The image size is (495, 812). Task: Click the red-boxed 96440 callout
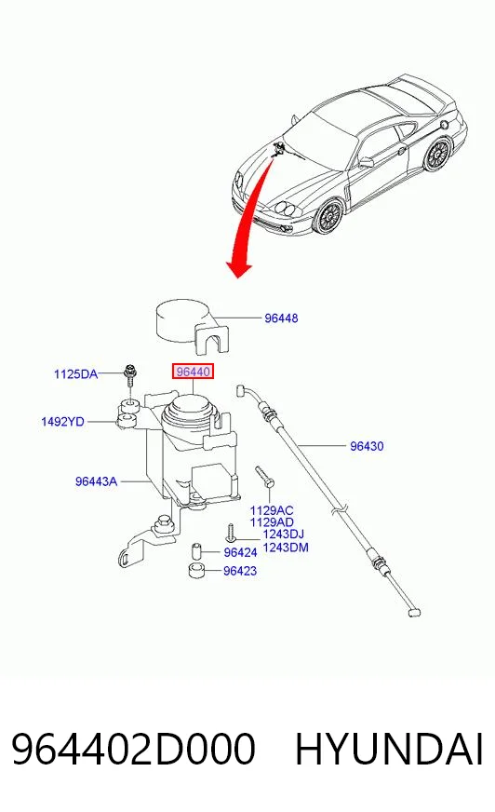pyautogui.click(x=193, y=372)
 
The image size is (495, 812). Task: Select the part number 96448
pyautogui.click(x=281, y=318)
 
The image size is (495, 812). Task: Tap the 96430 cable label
pyautogui.click(x=367, y=446)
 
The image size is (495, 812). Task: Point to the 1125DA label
pyautogui.click(x=75, y=373)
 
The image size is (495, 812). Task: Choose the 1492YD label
pyautogui.click(x=62, y=422)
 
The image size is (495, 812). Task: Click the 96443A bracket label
pyautogui.click(x=96, y=481)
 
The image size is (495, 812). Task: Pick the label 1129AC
pyautogui.click(x=272, y=510)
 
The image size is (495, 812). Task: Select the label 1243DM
pyautogui.click(x=286, y=547)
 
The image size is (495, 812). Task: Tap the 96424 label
pyautogui.click(x=240, y=552)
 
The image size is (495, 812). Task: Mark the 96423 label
pyautogui.click(x=240, y=571)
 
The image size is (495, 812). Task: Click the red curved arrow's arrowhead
pyautogui.click(x=238, y=268)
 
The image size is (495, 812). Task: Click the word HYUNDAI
pyautogui.click(x=390, y=749)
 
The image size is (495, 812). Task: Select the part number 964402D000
pyautogui.click(x=133, y=749)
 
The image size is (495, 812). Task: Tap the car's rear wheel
pyautogui.click(x=437, y=155)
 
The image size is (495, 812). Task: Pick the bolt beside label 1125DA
pyautogui.click(x=129, y=377)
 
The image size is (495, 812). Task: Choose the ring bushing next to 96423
pyautogui.click(x=196, y=571)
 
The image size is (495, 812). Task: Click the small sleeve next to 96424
pyautogui.click(x=196, y=550)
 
